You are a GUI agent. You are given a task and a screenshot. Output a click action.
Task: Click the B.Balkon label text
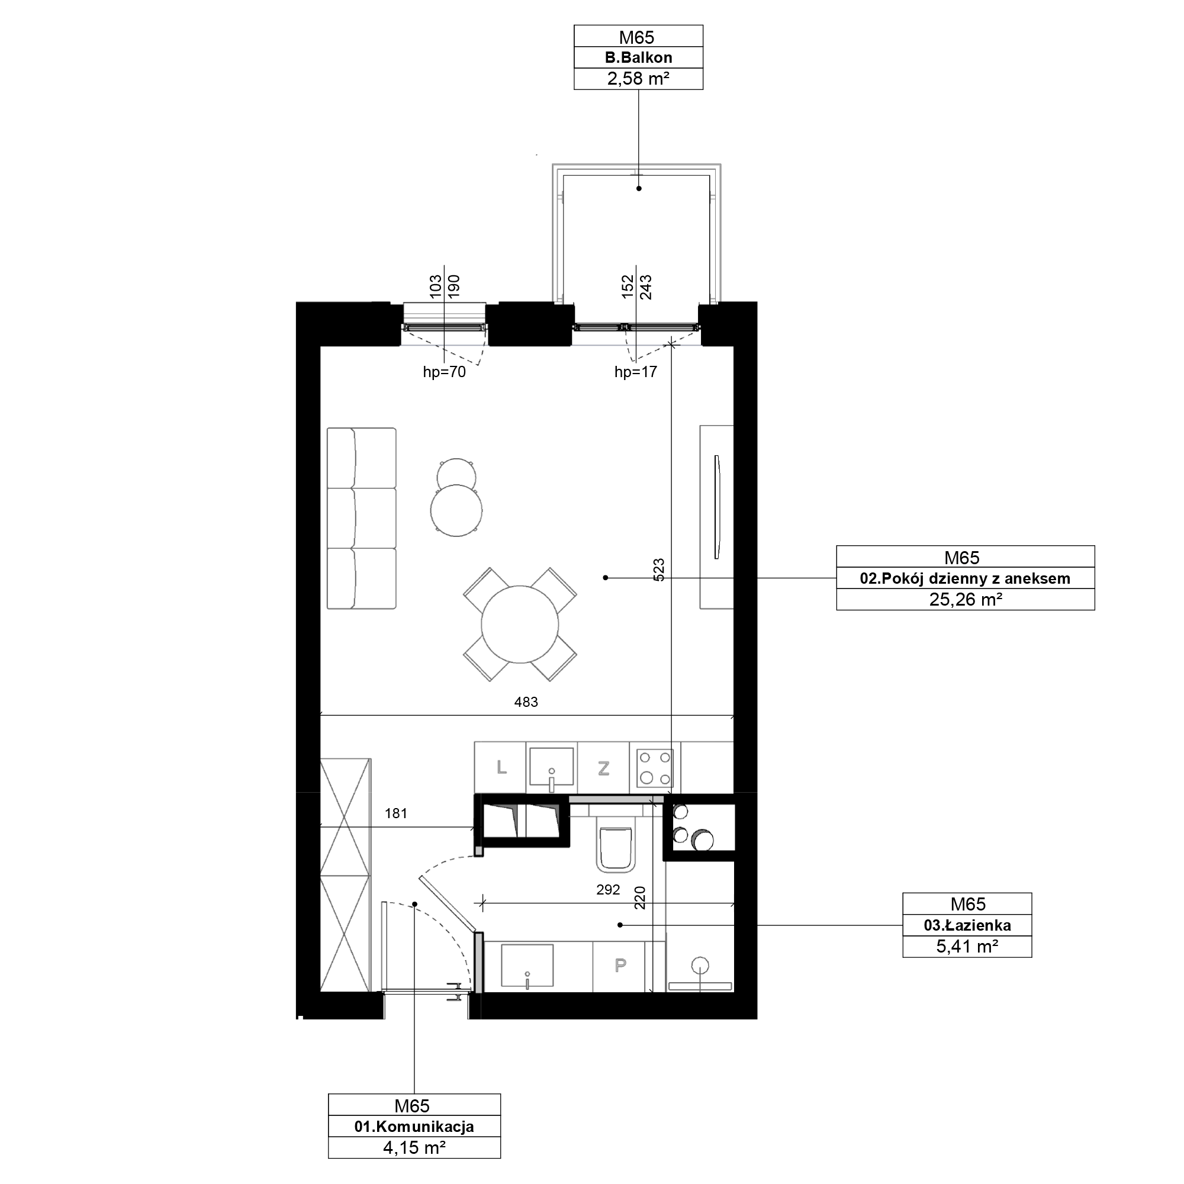638,57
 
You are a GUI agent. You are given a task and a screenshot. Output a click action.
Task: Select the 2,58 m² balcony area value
638,79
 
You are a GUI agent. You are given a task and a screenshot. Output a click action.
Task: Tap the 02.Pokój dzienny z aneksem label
964,578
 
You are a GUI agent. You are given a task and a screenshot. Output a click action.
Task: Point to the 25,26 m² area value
965,599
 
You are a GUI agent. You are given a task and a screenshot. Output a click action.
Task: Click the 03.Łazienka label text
967,925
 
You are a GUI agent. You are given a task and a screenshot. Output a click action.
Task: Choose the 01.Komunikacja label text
414,1127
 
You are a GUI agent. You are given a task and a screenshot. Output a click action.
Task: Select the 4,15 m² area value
414,1148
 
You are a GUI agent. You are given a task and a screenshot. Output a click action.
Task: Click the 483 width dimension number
526,702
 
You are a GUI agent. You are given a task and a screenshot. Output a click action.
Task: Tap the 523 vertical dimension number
659,570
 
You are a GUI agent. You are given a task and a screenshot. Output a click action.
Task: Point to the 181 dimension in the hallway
396,813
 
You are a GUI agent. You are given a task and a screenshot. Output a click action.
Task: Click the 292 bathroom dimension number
608,890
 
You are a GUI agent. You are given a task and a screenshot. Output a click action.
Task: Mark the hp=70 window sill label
445,372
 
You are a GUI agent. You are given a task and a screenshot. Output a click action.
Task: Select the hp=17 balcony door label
635,372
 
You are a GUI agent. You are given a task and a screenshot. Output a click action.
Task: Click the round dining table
520,625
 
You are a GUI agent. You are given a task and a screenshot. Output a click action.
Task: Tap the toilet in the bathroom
614,848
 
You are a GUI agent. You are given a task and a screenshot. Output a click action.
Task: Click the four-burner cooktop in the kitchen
655,768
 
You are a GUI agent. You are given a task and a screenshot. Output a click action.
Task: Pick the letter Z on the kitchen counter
604,768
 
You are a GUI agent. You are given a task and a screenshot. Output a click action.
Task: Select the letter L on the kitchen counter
501,767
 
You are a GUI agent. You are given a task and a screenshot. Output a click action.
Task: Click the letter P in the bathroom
620,966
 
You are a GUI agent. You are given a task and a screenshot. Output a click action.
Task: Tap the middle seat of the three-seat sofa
362,518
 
